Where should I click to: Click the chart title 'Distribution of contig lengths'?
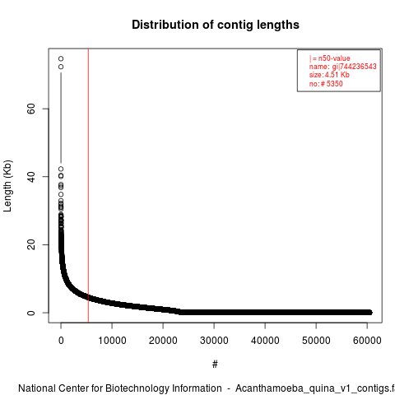click(x=216, y=25)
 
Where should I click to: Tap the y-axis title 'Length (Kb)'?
click(x=7, y=186)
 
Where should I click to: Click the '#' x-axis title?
click(x=215, y=365)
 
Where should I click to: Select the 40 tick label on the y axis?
click(x=31, y=176)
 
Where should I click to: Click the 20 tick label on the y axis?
click(x=31, y=244)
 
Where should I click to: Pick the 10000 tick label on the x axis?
click(x=112, y=341)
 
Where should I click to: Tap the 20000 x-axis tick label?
click(x=163, y=341)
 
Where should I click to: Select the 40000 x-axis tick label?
click(x=265, y=341)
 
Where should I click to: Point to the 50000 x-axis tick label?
click(x=316, y=341)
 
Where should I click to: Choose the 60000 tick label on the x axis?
click(x=367, y=341)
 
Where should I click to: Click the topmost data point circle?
click(x=61, y=58)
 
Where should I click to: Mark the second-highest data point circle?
click(x=61, y=67)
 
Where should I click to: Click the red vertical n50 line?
click(x=88, y=185)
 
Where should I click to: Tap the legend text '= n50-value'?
click(x=332, y=58)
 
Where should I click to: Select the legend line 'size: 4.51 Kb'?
click(x=329, y=75)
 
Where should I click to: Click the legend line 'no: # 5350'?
click(x=326, y=83)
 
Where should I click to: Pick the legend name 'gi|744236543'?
click(x=354, y=67)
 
